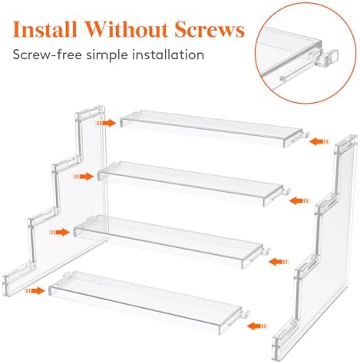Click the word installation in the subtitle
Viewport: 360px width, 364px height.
click(x=170, y=55)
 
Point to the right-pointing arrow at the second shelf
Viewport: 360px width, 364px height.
click(x=84, y=176)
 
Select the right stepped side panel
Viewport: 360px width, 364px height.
click(x=322, y=246)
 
